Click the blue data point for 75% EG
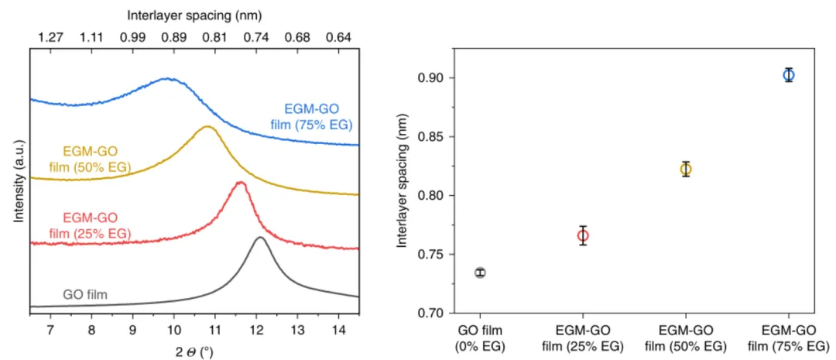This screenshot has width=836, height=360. [788, 75]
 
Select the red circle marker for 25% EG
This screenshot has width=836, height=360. [583, 235]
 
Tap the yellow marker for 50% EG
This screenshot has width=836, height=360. [685, 169]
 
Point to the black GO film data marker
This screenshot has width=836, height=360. [480, 273]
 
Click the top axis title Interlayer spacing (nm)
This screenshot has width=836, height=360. [194, 13]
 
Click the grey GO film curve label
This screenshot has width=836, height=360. [84, 294]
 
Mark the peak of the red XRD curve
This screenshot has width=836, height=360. [240, 183]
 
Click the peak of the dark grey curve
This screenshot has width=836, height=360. [260, 238]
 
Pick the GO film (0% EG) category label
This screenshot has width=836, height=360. [480, 338]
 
